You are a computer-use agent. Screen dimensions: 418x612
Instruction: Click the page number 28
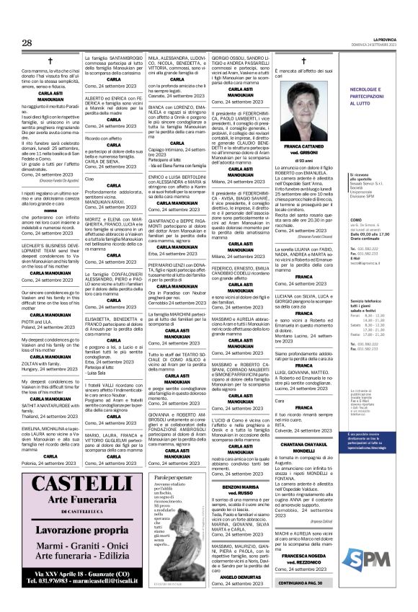tap(27, 44)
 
